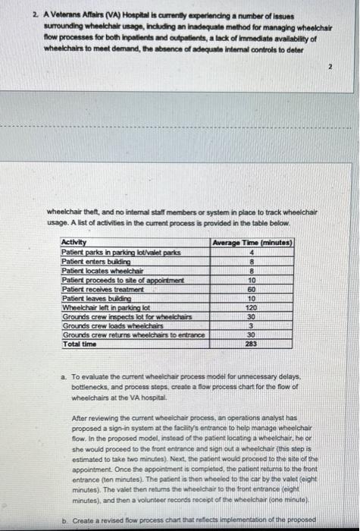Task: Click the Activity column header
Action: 74,243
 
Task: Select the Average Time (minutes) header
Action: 250,243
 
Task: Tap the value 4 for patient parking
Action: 251,253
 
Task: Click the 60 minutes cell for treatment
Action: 251,290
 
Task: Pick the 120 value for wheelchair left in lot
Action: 251,308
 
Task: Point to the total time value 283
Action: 251,344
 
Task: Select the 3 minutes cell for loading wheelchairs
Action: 251,326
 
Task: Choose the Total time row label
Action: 79,344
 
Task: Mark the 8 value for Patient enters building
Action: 251,262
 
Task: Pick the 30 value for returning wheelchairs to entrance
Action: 251,335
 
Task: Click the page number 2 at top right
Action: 331,66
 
